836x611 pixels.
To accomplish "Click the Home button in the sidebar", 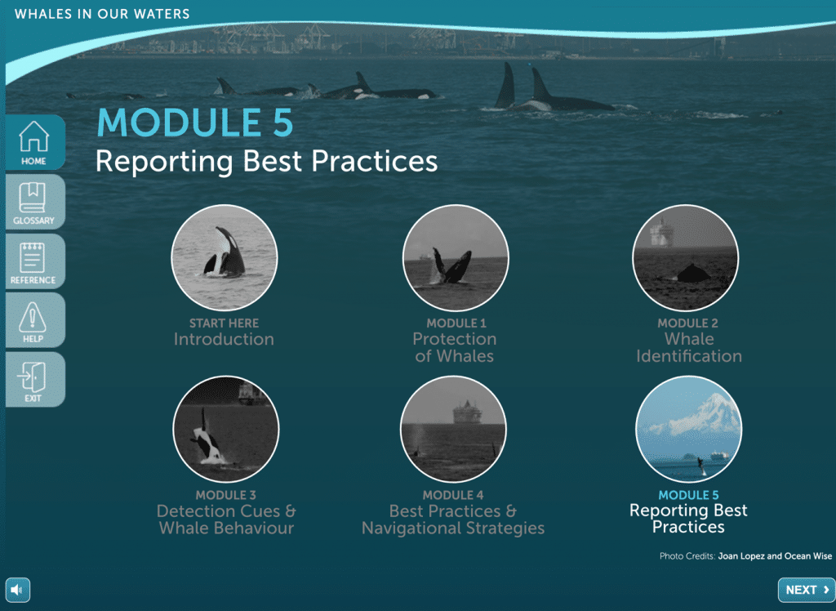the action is (x=35, y=142).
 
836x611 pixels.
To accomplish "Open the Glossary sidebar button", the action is (x=35, y=202).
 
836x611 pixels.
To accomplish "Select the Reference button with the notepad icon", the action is (x=35, y=261).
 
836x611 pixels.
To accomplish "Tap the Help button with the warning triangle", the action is (x=35, y=320).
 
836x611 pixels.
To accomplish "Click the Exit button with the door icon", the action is (x=35, y=379).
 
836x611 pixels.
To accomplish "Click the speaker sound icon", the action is (x=18, y=590).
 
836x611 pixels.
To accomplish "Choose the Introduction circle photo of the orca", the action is (x=224, y=257).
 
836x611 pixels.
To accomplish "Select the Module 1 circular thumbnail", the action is (x=456, y=257).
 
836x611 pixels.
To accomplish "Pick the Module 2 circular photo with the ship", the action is (x=686, y=257).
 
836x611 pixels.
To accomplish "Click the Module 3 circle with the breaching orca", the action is (x=226, y=429).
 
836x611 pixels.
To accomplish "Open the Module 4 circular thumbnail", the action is (x=453, y=429).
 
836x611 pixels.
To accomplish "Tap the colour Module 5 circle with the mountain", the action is (x=688, y=429).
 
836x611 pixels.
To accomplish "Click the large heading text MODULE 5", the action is (x=195, y=123).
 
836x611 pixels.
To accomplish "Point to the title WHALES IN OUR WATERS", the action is (x=102, y=14).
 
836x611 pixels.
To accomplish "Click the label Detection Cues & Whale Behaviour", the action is (x=226, y=520).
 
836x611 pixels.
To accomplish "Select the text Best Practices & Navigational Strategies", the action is (x=453, y=520).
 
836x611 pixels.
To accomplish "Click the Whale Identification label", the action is (x=689, y=347).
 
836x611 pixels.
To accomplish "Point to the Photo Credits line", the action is (x=745, y=556).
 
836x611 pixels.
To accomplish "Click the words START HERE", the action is (x=224, y=323).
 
